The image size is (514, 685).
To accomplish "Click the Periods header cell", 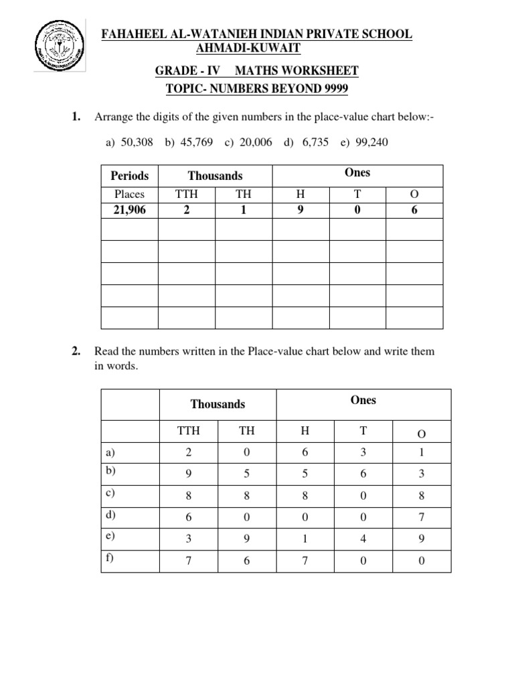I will [x=129, y=176].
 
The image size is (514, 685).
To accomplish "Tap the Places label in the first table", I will [x=129, y=195].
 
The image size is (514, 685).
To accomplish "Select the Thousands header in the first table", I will [x=215, y=176].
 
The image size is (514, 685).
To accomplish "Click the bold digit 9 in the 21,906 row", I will [x=300, y=210].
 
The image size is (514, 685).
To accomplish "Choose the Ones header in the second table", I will [x=363, y=400].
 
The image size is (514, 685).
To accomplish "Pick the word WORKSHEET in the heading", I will [x=320, y=70].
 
